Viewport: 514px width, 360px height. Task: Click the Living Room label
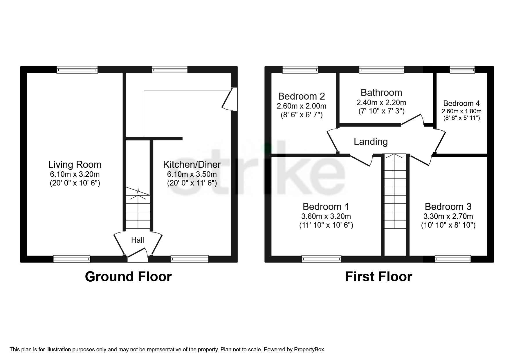point(75,165)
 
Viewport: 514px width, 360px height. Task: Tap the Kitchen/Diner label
point(192,165)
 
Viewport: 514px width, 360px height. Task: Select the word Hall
point(138,240)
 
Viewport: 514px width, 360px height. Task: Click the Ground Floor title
point(128,277)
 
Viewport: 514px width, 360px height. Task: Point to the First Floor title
point(378,277)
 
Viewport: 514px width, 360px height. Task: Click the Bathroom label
point(381,93)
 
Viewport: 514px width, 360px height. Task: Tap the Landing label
point(371,142)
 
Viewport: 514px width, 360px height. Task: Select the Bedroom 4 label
point(461,103)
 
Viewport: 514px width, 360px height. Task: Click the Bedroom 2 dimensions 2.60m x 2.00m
point(302,106)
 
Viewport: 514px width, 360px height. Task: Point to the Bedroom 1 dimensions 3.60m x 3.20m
point(326,216)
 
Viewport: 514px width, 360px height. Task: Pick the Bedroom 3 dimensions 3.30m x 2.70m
point(448,216)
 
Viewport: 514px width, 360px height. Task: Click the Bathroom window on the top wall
point(381,70)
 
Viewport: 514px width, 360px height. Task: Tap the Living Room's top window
point(77,70)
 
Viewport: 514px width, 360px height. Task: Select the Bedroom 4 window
point(462,70)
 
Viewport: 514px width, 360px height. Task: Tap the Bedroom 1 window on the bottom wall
point(321,259)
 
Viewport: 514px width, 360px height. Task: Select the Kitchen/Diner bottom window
point(190,259)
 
